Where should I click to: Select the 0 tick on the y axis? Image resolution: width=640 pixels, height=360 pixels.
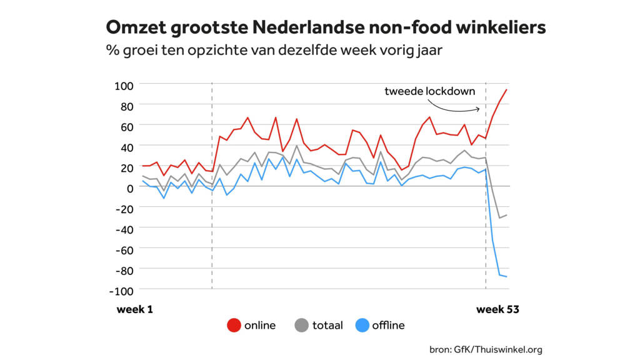pos(130,187)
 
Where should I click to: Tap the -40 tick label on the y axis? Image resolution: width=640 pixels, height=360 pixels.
pos(125,229)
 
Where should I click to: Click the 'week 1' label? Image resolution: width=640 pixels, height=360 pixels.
pos(135,309)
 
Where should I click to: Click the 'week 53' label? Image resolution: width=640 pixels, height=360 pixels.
pos(498,309)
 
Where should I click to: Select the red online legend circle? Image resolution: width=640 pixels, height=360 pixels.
pos(234,325)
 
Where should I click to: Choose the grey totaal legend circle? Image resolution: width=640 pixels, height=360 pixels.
pos(302,325)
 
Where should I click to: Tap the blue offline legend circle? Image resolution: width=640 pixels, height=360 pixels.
pos(362,325)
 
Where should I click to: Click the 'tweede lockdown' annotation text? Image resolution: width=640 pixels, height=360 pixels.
pos(429,91)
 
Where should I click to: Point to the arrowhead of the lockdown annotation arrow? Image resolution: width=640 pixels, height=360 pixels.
pos(480,109)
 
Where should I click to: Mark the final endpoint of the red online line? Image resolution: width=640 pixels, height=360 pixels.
pos(507,90)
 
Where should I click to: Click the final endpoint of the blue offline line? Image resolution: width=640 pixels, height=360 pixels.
pos(507,277)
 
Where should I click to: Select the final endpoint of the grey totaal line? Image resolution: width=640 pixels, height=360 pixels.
pos(507,215)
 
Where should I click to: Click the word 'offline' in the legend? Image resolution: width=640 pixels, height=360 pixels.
pos(388,325)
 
